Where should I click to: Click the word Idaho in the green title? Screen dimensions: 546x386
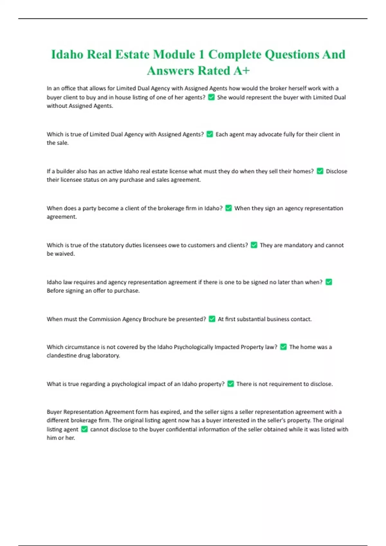[x=67, y=55]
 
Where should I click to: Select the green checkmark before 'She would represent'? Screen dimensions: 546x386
[x=211, y=97]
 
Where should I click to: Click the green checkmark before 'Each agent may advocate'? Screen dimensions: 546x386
[x=210, y=134]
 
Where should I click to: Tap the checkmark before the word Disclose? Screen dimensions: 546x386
[x=320, y=171]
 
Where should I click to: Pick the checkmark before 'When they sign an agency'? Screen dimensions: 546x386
[x=228, y=208]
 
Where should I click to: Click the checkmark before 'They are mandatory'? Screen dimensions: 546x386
[x=254, y=245]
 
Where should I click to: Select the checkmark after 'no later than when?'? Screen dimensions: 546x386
[x=329, y=282]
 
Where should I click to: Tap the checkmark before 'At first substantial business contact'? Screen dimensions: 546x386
[x=212, y=319]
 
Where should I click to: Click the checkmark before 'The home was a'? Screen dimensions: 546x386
[x=283, y=347]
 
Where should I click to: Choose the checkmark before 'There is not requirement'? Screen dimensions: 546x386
[x=231, y=383]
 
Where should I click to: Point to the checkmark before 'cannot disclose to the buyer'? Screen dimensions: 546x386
[x=84, y=429]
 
